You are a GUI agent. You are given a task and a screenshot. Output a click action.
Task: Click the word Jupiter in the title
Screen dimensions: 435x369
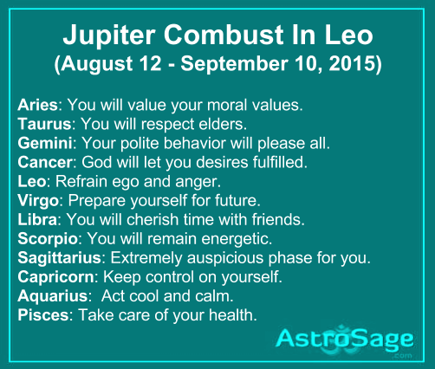[x=109, y=36]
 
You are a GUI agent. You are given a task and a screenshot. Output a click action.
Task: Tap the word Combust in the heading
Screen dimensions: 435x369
[x=224, y=35]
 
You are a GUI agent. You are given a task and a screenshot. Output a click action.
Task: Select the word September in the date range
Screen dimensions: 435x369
[x=234, y=65]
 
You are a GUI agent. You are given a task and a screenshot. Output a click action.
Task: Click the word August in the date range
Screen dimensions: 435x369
[x=96, y=65]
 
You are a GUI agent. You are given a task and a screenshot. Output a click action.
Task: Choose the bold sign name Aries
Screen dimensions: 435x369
[x=37, y=105]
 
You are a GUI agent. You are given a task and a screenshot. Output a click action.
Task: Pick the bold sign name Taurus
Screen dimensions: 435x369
[x=44, y=124]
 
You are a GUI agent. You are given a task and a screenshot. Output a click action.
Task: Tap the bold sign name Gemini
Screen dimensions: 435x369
[x=45, y=143]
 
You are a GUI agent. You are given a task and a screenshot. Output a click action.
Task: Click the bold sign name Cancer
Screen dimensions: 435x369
[x=45, y=162]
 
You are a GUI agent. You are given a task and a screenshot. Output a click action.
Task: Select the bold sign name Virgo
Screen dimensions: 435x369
[x=38, y=201]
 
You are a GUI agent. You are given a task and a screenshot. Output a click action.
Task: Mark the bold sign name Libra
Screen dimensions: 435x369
[x=37, y=219]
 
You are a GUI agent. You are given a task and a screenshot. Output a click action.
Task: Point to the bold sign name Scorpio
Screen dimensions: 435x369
[x=48, y=239]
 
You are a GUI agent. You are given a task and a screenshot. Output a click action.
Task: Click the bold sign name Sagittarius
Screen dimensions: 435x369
[x=59, y=258]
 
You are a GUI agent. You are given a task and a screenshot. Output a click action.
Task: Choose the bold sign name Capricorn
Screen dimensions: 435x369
[x=55, y=277]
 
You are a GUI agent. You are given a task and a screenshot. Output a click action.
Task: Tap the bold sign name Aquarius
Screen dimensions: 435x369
[x=53, y=296]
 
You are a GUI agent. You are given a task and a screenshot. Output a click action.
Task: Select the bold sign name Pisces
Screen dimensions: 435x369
[x=43, y=314]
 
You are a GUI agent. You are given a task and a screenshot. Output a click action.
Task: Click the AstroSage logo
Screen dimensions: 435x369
[x=344, y=340]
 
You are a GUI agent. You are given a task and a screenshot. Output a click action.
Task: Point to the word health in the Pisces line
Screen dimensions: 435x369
[x=233, y=314]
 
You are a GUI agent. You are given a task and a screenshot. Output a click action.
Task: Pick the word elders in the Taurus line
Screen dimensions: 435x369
[x=223, y=124]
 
